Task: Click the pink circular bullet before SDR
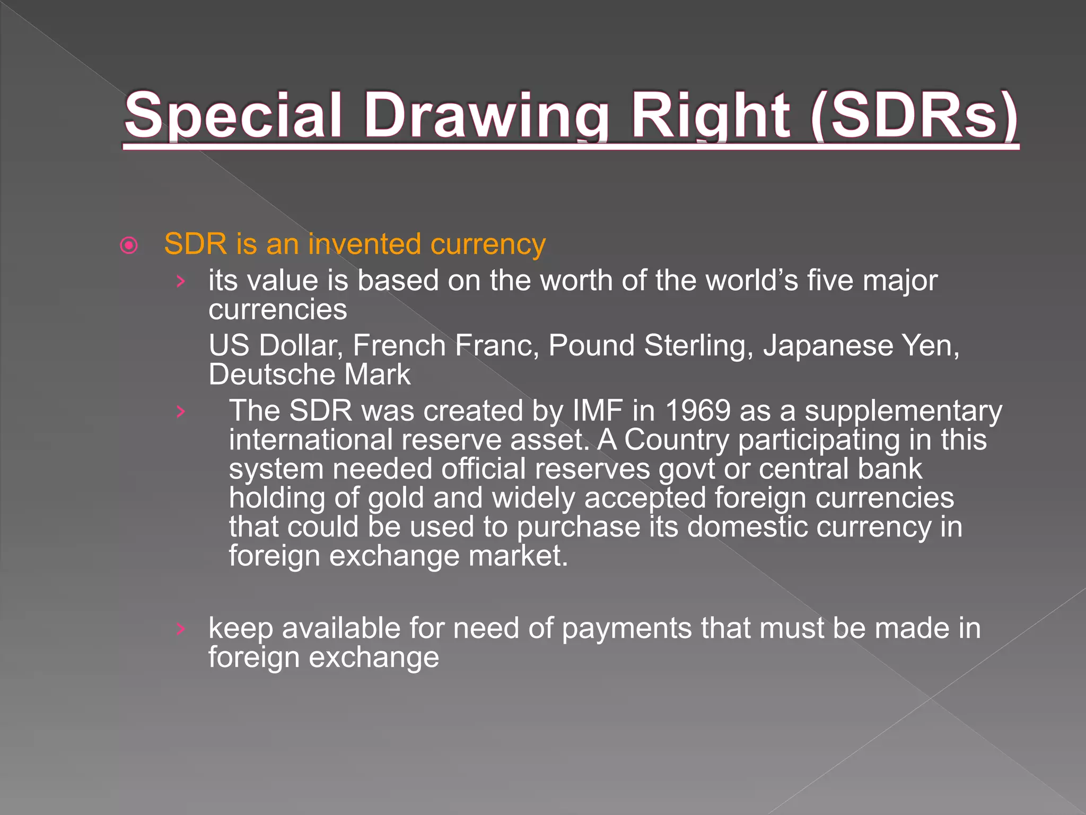(129, 246)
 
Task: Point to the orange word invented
(365, 245)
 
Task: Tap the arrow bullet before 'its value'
(181, 281)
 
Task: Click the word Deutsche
(271, 375)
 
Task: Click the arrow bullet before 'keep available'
(181, 629)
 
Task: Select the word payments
(626, 629)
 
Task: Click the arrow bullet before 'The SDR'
(181, 412)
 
